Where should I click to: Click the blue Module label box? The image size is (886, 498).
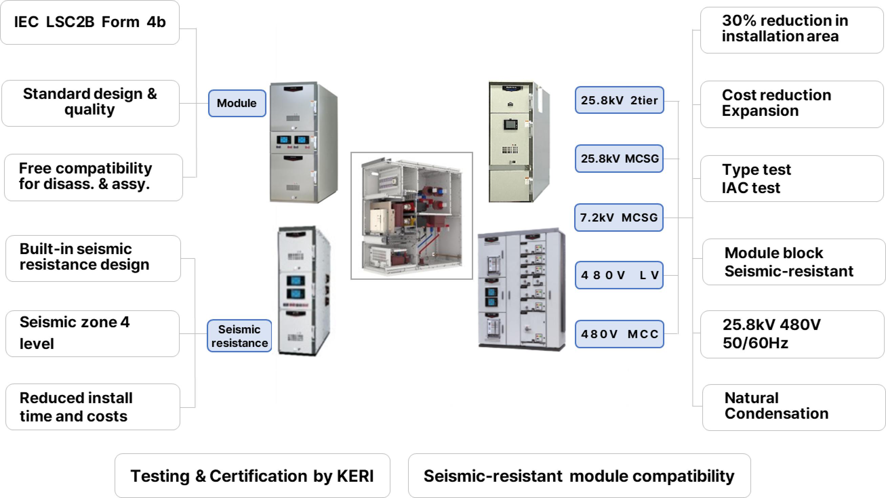point(237,103)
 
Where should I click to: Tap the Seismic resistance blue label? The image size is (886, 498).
point(239,336)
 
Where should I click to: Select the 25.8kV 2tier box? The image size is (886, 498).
point(619,100)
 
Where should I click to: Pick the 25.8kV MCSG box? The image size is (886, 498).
point(619,159)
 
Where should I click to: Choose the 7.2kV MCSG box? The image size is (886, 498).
point(619,217)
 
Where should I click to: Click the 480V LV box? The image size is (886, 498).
point(619,275)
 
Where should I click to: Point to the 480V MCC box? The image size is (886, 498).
point(619,334)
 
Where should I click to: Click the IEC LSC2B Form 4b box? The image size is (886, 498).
point(90,22)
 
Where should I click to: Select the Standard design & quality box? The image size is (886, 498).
point(90,103)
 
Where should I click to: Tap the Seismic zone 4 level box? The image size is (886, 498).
point(92,333)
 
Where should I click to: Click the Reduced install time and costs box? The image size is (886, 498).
point(93,407)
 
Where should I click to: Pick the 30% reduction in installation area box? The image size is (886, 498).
point(791,30)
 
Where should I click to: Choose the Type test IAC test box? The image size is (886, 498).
point(791,179)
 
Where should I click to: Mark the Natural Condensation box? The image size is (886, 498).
point(793,407)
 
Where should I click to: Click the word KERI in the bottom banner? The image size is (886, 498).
point(355,476)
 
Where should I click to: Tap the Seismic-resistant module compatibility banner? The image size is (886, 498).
point(579,476)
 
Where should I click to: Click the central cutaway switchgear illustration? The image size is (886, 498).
point(412,216)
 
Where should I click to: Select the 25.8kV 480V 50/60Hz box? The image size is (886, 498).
point(792,334)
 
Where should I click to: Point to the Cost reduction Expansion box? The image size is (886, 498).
point(791,104)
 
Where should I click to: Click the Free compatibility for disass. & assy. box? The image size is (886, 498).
point(93,177)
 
